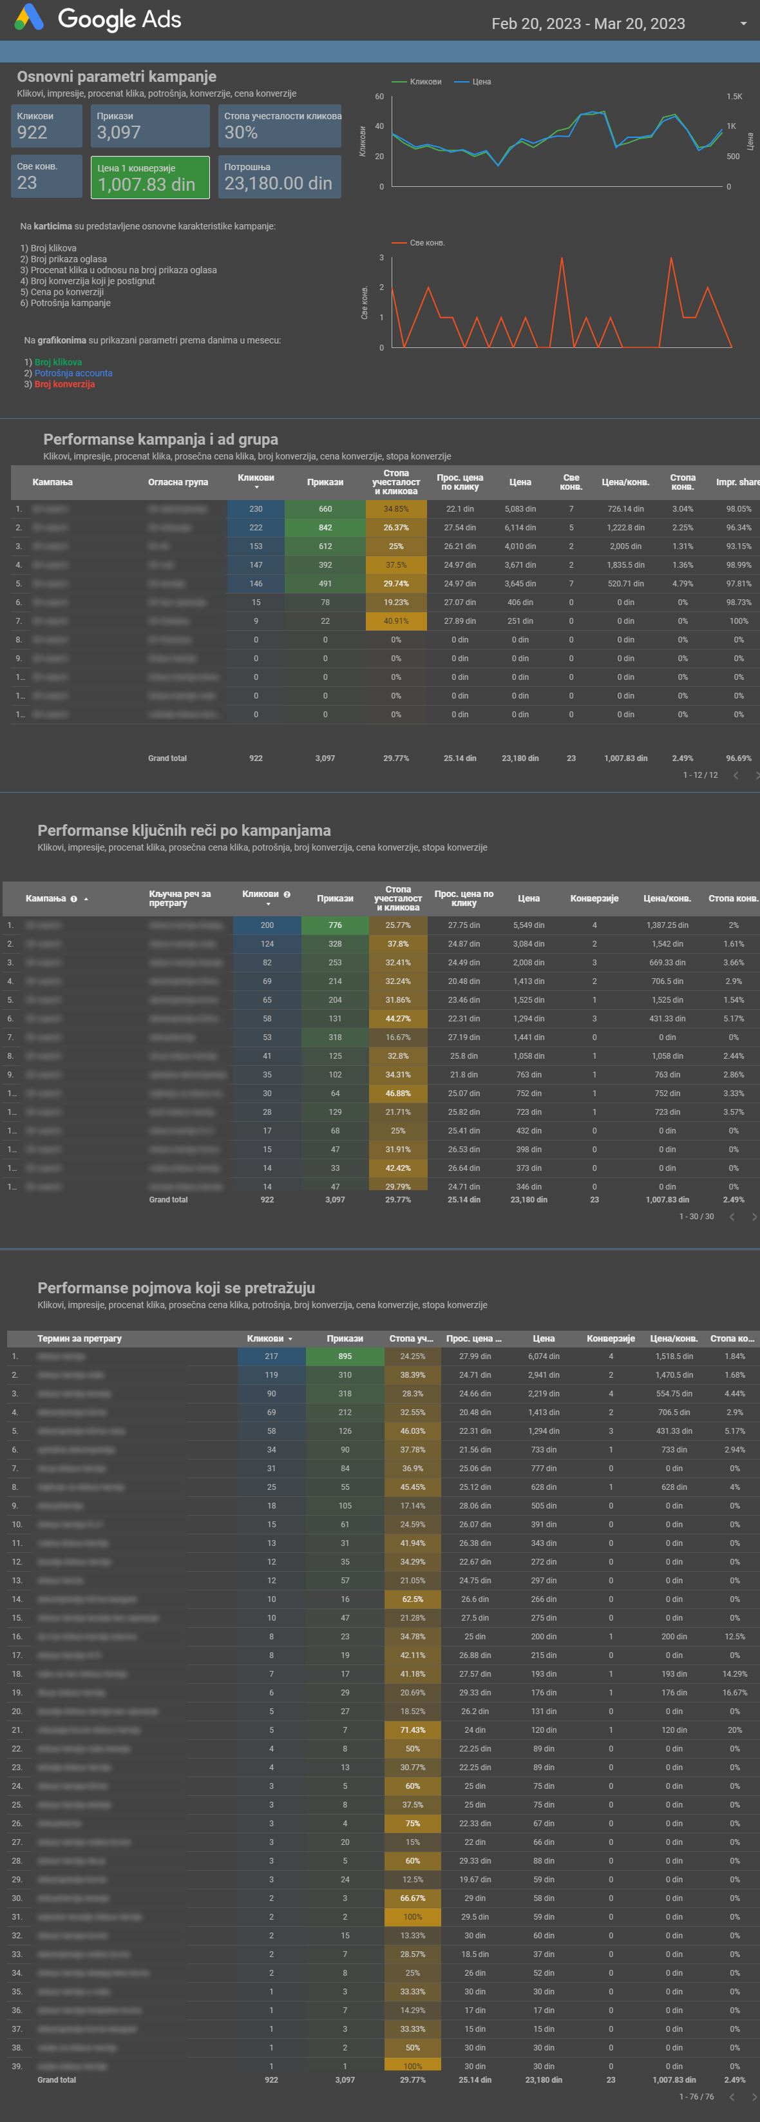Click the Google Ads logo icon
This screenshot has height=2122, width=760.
tap(29, 17)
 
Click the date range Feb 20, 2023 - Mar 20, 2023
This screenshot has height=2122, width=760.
tap(588, 24)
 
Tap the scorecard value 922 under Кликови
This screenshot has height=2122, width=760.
tap(32, 133)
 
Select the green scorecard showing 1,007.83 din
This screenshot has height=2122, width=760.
tap(150, 177)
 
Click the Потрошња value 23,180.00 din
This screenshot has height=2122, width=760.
tap(278, 184)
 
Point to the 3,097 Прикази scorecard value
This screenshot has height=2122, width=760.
tap(119, 133)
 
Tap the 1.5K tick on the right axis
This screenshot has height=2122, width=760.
tap(734, 97)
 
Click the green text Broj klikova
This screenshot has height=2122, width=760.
tap(57, 362)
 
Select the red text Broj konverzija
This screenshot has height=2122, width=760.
tap(64, 385)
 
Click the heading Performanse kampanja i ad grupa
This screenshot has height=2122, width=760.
tap(160, 439)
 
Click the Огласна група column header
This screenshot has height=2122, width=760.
tap(178, 483)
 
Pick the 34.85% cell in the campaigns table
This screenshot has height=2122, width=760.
tap(396, 509)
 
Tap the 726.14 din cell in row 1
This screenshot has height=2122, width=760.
tap(626, 509)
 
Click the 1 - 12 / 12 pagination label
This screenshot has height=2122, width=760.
tap(700, 775)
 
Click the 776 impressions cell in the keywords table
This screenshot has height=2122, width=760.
tap(335, 925)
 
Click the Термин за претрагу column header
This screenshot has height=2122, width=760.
tap(79, 1338)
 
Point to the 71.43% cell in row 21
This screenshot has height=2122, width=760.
tap(412, 1730)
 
